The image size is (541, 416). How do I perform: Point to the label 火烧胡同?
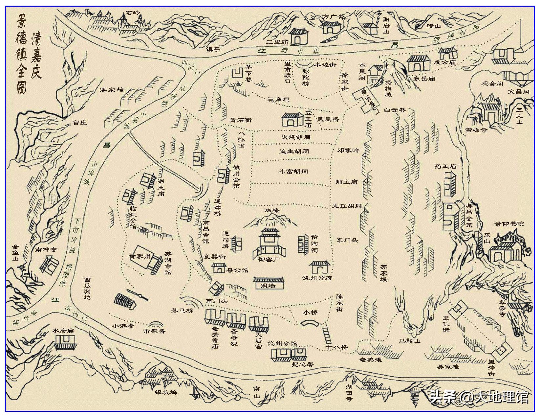pyautogui.click(x=295, y=137)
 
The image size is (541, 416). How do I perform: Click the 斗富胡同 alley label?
pyautogui.click(x=293, y=172)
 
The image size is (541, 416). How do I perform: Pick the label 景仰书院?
pyautogui.click(x=509, y=224)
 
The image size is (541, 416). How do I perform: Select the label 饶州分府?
pyautogui.click(x=317, y=278)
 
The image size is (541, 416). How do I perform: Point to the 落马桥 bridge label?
pyautogui.click(x=183, y=311)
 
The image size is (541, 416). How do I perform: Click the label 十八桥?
pyautogui.click(x=336, y=347)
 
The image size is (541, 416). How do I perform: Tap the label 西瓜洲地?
pyautogui.click(x=87, y=289)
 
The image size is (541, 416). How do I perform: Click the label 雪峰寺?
pyautogui.click(x=476, y=130)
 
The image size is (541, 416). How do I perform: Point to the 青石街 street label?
pyautogui.click(x=241, y=120)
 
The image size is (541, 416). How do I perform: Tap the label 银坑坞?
pyautogui.click(x=166, y=392)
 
